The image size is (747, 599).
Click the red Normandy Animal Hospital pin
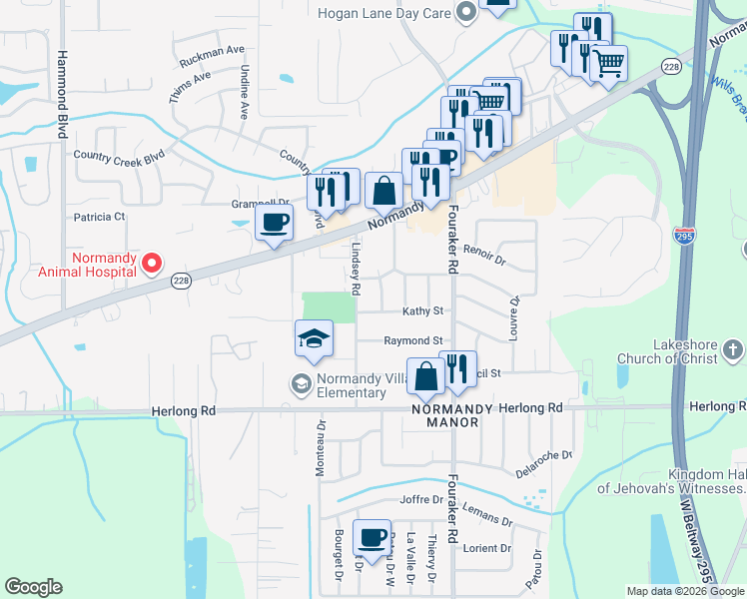(x=152, y=263)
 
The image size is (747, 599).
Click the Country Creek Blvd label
(x=118, y=156)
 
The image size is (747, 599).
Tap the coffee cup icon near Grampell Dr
(x=275, y=223)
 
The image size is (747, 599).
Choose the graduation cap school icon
(x=314, y=337)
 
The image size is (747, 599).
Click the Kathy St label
(x=421, y=311)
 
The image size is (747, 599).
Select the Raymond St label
(x=413, y=340)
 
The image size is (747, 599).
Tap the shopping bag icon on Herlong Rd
(x=425, y=375)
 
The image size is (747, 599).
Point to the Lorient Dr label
(x=487, y=548)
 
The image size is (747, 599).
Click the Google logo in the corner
(x=34, y=587)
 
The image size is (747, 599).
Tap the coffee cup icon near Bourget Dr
(x=373, y=537)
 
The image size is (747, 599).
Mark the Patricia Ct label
(x=100, y=216)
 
